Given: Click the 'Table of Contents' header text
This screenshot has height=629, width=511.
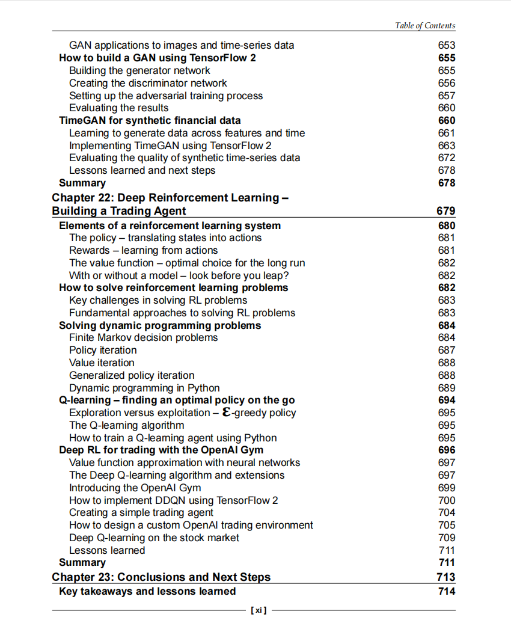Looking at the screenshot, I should (x=425, y=25).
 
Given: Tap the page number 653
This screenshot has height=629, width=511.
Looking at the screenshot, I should (x=447, y=45).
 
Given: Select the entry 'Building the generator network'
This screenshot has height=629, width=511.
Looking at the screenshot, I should (x=139, y=70).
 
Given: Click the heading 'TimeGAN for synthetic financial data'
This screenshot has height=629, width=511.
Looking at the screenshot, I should (x=150, y=120).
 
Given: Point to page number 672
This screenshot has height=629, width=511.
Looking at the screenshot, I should (x=447, y=158).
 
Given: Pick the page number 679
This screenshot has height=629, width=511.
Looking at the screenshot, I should (x=445, y=211).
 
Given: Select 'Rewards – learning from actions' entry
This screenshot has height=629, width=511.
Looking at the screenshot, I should (x=143, y=250).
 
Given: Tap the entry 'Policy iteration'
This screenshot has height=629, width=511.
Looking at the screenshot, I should (x=103, y=350).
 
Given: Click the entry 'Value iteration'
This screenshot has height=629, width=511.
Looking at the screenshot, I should (x=102, y=363).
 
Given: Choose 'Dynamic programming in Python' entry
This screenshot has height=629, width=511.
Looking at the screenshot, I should (x=144, y=388).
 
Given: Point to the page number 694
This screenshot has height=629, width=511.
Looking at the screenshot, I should (x=447, y=400).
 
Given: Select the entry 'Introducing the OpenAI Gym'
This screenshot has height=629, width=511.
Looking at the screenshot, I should (x=135, y=488).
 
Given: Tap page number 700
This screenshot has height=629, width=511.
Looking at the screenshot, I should (x=447, y=500).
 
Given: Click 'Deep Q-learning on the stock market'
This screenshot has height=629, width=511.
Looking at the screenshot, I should (x=154, y=538).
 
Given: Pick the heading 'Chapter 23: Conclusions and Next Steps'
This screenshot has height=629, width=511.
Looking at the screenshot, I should (x=161, y=577).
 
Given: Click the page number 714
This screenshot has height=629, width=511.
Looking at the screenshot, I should (x=447, y=592).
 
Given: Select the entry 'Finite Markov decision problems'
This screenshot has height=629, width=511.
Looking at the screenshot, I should (x=143, y=337).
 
